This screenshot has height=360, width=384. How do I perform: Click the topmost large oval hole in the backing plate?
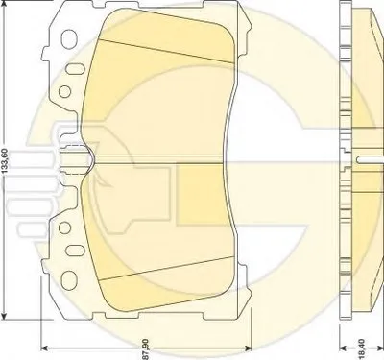[69, 39]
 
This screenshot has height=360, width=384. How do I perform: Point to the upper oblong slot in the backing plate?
[75, 69]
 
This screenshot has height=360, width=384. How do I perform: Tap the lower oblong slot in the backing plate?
[75, 251]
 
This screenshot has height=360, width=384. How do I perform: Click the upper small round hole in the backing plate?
[64, 91]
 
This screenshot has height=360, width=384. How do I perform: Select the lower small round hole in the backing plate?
[64, 228]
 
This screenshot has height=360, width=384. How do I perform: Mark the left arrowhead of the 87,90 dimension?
[45, 348]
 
